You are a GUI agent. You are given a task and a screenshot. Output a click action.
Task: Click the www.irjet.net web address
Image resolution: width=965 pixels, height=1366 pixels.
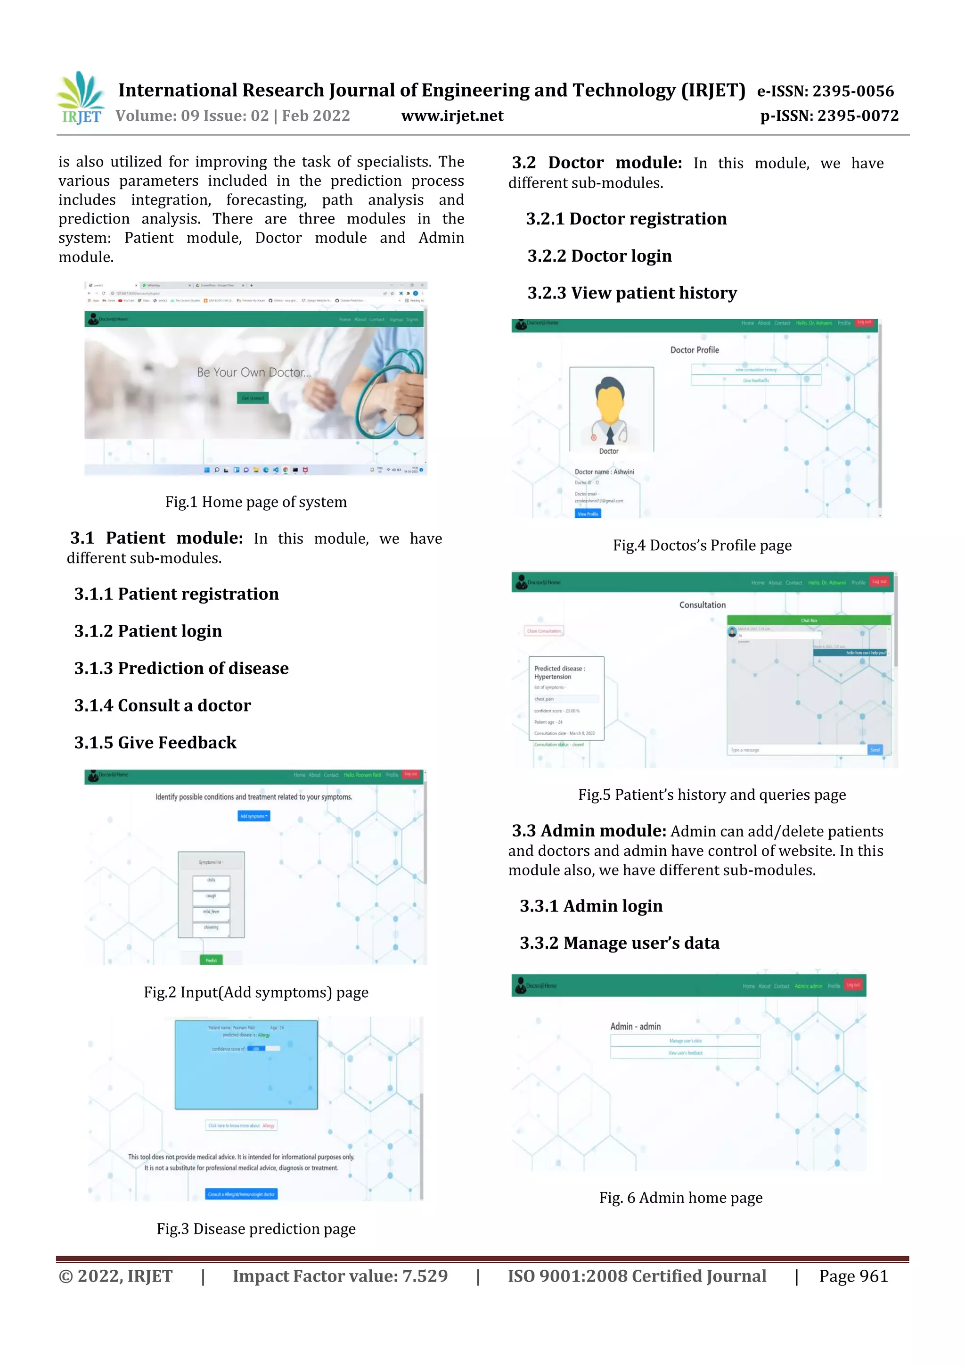click(x=452, y=116)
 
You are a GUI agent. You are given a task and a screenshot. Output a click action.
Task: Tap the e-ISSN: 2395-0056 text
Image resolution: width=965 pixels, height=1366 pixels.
click(x=825, y=91)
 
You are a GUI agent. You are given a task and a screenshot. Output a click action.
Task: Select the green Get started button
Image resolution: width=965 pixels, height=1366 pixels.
click(x=253, y=398)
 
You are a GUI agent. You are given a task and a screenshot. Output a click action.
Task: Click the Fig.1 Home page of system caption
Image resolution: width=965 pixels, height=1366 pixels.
click(x=256, y=502)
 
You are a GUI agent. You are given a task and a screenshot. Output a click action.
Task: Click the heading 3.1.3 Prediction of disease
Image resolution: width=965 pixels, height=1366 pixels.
click(x=181, y=668)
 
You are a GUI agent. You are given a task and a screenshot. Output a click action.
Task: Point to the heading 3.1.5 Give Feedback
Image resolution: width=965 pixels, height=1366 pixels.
click(x=155, y=743)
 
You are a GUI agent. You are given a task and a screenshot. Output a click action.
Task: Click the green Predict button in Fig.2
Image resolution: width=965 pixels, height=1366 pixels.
click(x=211, y=960)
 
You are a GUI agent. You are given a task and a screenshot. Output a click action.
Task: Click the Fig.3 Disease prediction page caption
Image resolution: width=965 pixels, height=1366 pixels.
click(x=256, y=1229)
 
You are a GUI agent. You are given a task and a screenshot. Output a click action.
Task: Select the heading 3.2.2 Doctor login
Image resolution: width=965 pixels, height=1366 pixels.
click(x=599, y=256)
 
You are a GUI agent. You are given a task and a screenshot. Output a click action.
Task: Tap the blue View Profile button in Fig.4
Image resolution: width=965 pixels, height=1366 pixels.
click(x=588, y=513)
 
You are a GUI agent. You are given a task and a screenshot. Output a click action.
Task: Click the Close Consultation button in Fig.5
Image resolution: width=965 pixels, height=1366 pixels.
click(x=544, y=630)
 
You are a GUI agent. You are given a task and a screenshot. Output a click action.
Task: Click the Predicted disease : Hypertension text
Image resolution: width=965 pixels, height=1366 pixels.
click(x=559, y=672)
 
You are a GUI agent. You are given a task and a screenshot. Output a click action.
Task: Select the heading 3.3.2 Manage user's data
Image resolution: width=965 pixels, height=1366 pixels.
click(x=619, y=943)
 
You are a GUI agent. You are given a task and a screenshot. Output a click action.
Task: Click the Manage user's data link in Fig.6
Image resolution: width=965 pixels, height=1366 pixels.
click(x=685, y=1041)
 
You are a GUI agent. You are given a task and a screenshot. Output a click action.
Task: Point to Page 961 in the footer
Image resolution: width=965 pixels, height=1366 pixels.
click(x=853, y=1276)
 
